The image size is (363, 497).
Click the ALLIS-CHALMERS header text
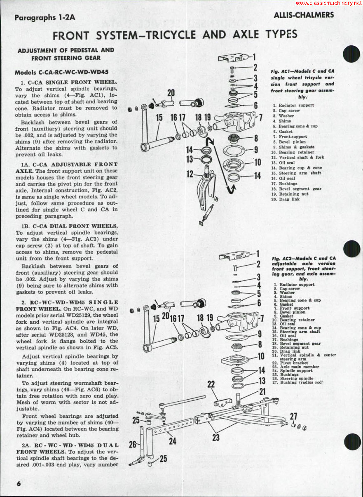pos(304,15)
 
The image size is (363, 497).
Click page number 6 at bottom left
pos(19,483)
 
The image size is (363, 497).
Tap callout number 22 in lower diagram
pos(211,384)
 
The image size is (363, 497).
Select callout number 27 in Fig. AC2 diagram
pos(293,417)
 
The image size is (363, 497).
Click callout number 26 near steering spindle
pos(132,445)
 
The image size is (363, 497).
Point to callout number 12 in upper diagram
pos(190,174)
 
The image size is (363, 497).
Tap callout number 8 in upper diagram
pos(256,139)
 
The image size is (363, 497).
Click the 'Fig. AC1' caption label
pos(281,71)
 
